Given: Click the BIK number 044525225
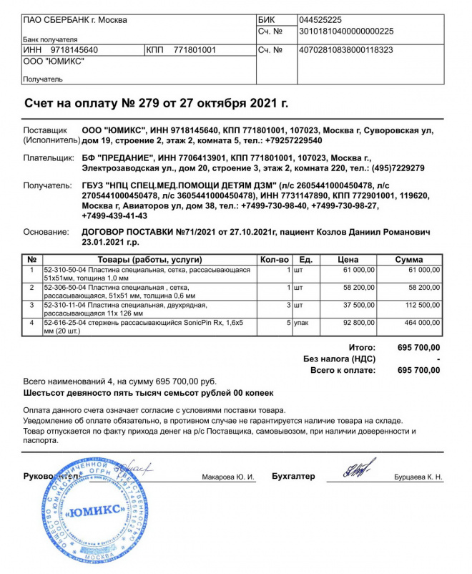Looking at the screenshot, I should click(x=321, y=20).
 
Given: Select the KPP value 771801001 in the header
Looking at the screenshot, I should click(x=195, y=50).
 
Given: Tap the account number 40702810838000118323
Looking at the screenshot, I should click(x=346, y=50).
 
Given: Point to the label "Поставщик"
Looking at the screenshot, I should click(x=44, y=131).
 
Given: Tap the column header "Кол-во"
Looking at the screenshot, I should click(x=274, y=259).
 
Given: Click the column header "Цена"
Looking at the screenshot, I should click(x=348, y=259).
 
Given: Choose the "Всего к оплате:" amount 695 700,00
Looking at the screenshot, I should click(x=418, y=370).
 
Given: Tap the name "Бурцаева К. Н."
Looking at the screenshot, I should click(x=418, y=477).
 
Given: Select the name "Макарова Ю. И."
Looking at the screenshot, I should click(x=228, y=477).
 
